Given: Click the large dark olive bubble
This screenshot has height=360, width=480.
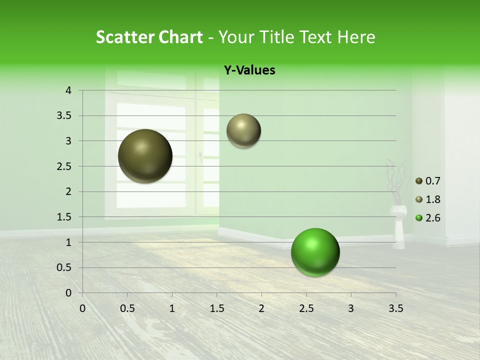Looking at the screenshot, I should pyautogui.click(x=145, y=156).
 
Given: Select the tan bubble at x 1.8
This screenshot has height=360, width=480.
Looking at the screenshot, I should pyautogui.click(x=243, y=130).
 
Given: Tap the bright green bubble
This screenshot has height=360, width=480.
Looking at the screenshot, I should pyautogui.click(x=315, y=252).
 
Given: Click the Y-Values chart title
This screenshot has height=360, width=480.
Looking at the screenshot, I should pyautogui.click(x=249, y=70).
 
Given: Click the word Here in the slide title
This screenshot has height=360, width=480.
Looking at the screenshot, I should pyautogui.click(x=355, y=37).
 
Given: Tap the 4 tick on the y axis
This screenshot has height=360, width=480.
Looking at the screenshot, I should pyautogui.click(x=68, y=90).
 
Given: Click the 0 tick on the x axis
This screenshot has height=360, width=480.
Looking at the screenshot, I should pyautogui.click(x=82, y=308).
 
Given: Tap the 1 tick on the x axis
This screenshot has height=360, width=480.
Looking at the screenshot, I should pyautogui.click(x=172, y=308).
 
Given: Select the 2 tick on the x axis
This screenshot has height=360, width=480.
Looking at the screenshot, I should pyautogui.click(x=261, y=308).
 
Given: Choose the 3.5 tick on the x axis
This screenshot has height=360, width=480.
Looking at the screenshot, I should pyautogui.click(x=395, y=308).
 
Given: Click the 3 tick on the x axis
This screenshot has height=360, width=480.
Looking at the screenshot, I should pyautogui.click(x=351, y=308).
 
